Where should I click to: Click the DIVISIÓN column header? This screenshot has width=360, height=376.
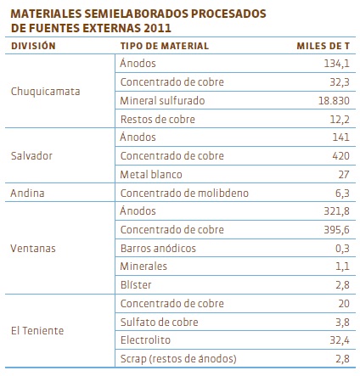click(33, 46)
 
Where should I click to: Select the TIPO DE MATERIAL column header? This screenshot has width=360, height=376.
click(165, 46)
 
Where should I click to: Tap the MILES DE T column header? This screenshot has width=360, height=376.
click(323, 46)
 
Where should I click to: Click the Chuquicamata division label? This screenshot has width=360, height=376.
click(45, 92)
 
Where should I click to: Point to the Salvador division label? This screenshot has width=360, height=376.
click(31, 155)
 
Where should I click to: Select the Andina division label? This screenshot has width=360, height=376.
click(27, 193)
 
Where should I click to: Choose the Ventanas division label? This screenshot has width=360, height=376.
click(33, 248)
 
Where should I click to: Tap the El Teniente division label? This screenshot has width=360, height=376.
click(37, 330)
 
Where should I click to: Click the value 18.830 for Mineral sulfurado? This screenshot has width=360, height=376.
click(334, 100)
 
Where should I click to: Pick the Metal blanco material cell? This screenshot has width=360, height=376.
click(151, 174)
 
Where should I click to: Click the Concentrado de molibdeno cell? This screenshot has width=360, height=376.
click(184, 193)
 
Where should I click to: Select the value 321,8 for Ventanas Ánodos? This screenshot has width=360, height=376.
click(337, 211)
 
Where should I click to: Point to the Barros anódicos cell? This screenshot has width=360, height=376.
click(158, 248)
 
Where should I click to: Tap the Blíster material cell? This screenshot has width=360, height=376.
click(136, 284)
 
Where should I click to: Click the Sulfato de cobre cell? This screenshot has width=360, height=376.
click(160, 322)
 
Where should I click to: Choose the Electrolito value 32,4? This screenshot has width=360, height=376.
click(340, 340)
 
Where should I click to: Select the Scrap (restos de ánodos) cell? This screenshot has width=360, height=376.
click(178, 358)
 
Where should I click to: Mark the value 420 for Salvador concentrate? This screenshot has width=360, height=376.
click(341, 155)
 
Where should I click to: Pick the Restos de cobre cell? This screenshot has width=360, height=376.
click(158, 119)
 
